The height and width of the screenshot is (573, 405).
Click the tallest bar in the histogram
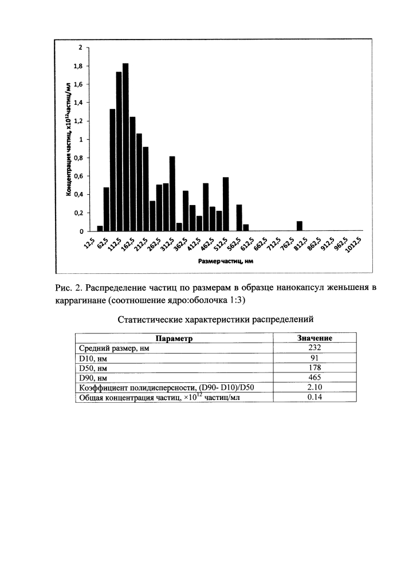(x=125, y=147)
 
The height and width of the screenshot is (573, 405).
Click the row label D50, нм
(x=92, y=368)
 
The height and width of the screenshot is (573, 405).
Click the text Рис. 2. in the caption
(x=62, y=288)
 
